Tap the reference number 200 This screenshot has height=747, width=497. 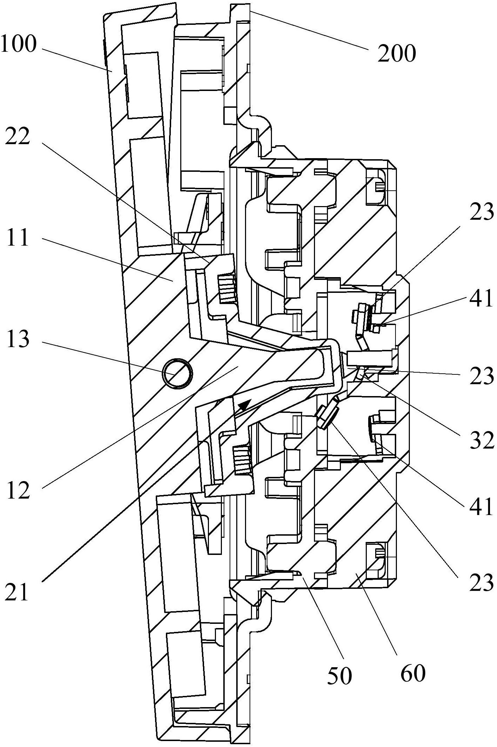397,54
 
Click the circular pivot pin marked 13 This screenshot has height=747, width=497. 177,373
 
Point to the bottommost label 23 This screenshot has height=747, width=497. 482,582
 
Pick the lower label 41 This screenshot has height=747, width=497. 482,506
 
